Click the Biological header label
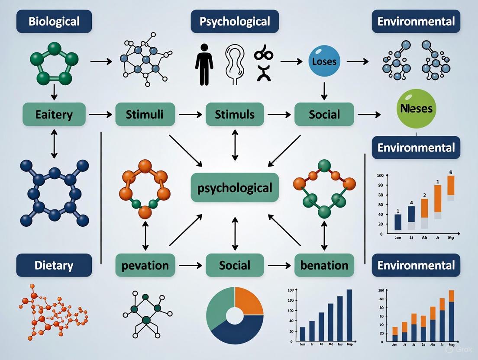(x=54, y=21)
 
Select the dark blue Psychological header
(x=235, y=21)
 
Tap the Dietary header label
(x=54, y=265)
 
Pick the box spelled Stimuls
(x=235, y=115)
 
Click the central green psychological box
(x=235, y=187)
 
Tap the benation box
(x=324, y=265)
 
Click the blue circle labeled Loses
(x=324, y=61)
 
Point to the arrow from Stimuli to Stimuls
(x=191, y=115)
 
